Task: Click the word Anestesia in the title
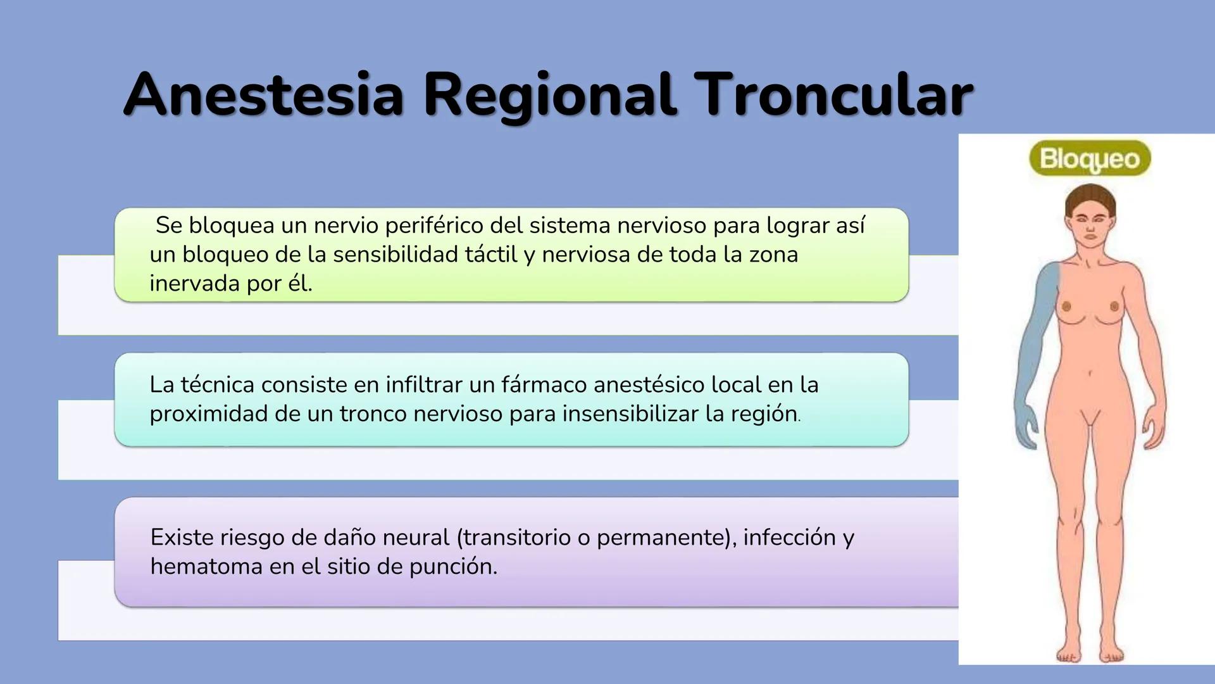[263, 95]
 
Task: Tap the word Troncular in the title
[833, 95]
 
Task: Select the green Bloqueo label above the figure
[1089, 158]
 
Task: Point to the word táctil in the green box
[491, 255]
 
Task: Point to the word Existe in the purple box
[182, 537]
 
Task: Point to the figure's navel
[1090, 373]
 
